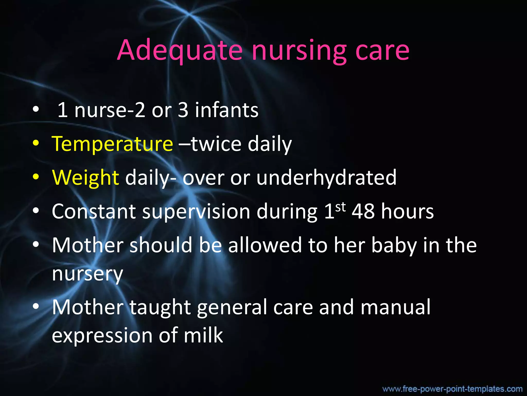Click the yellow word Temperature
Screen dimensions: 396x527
[112, 144]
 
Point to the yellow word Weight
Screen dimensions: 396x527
[85, 178]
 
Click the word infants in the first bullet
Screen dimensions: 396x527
[226, 110]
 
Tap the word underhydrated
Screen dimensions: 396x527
[327, 178]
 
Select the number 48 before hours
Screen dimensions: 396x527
[363, 211]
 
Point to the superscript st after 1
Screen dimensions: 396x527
[340, 207]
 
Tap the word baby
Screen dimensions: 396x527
[394, 246]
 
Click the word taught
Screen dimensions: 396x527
[160, 307]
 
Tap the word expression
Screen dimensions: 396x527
[102, 336]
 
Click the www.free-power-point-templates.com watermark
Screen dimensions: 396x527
[452, 389]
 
